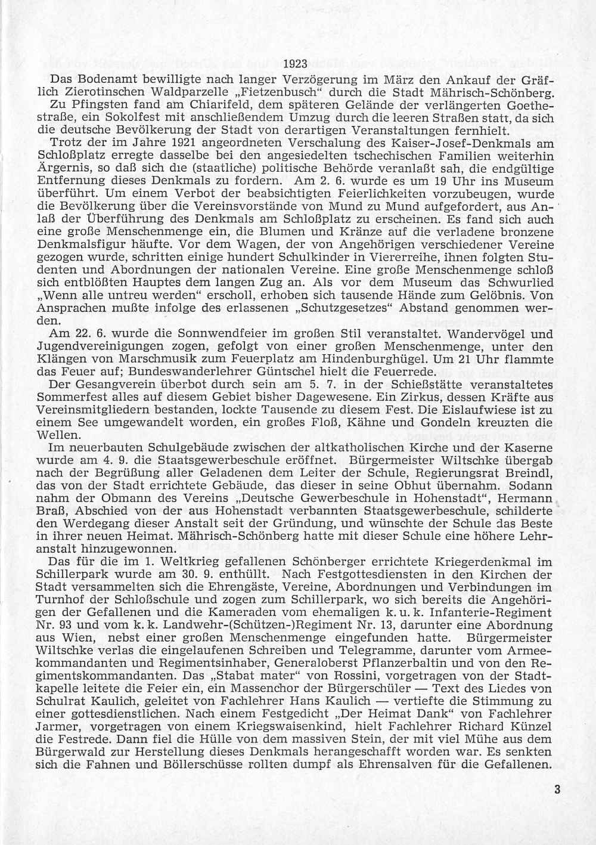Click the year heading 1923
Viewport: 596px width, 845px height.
tap(297, 66)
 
